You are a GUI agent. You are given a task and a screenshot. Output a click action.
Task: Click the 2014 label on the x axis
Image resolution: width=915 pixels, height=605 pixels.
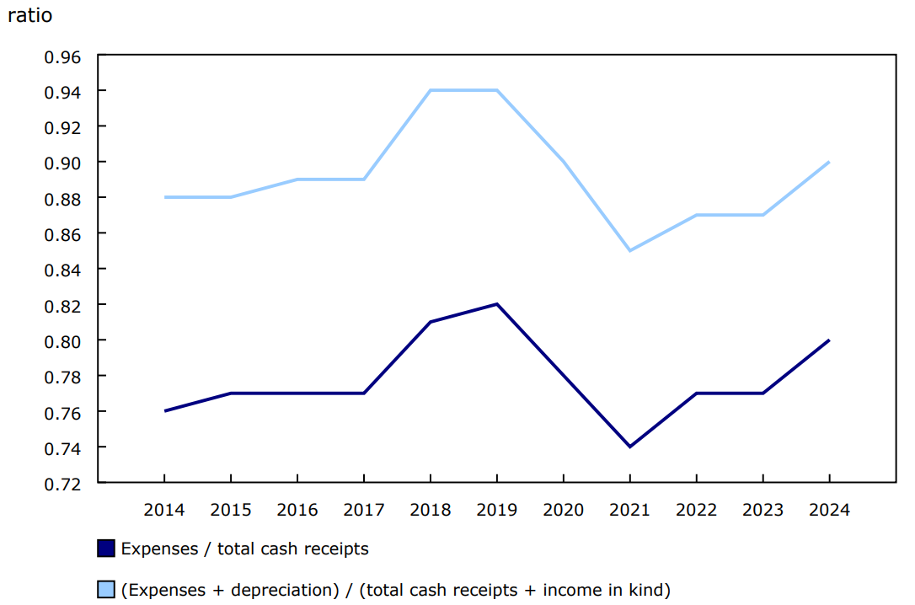pyautogui.click(x=164, y=511)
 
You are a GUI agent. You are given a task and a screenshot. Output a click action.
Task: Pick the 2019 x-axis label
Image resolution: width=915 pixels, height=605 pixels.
pyautogui.click(x=497, y=511)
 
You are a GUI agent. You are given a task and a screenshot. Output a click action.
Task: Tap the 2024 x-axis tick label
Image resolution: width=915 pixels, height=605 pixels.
pyautogui.click(x=829, y=511)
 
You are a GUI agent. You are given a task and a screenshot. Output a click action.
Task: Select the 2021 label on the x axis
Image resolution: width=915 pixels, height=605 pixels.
pyautogui.click(x=629, y=511)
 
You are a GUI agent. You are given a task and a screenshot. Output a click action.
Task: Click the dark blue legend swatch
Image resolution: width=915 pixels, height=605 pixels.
pyautogui.click(x=106, y=549)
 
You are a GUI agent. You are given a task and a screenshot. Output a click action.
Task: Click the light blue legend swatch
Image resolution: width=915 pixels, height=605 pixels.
pyautogui.click(x=106, y=590)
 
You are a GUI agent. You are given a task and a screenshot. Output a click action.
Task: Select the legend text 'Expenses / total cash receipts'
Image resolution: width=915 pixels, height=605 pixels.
pyautogui.click(x=245, y=549)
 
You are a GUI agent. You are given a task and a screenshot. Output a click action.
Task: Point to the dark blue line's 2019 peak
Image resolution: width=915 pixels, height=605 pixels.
pyautogui.click(x=497, y=304)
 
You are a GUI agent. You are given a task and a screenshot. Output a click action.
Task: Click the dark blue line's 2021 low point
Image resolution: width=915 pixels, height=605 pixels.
pyautogui.click(x=629, y=447)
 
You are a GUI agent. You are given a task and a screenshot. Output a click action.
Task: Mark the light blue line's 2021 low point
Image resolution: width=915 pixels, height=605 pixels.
pyautogui.click(x=629, y=250)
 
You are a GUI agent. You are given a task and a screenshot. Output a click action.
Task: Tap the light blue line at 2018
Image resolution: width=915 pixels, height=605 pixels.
pyautogui.click(x=431, y=90)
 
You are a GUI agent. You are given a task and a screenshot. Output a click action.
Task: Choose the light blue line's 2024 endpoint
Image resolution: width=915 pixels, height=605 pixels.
pyautogui.click(x=829, y=162)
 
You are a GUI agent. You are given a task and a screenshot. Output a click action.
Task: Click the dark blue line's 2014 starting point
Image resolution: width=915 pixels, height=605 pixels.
pyautogui.click(x=164, y=411)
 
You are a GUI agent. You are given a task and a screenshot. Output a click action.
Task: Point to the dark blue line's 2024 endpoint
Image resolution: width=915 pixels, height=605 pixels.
pyautogui.click(x=829, y=340)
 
